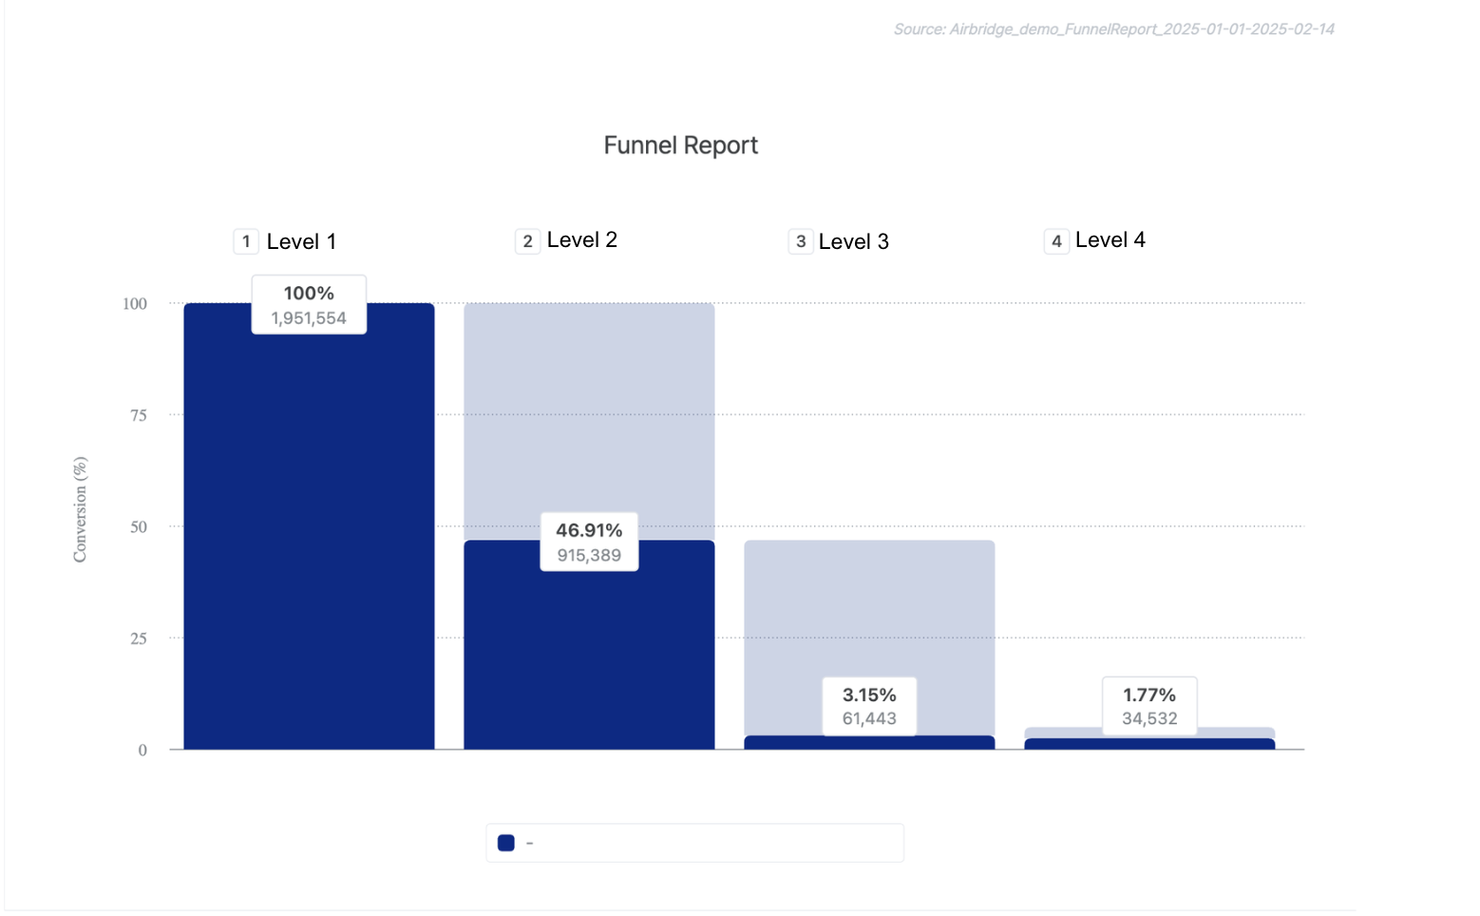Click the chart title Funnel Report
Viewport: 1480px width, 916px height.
pyautogui.click(x=680, y=145)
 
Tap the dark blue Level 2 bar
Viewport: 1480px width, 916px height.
pyautogui.click(x=589, y=656)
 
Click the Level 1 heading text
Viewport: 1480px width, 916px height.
pyautogui.click(x=301, y=241)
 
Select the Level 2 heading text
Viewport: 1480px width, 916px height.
pyautogui.click(x=581, y=240)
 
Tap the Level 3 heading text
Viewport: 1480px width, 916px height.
pyautogui.click(x=853, y=241)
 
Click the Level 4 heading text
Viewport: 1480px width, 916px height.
pyautogui.click(x=1110, y=240)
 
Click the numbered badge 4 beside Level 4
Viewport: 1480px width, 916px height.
pyautogui.click(x=1056, y=241)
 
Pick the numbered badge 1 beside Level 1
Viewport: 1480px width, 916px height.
pyautogui.click(x=246, y=241)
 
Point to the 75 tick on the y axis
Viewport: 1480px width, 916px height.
pyautogui.click(x=139, y=415)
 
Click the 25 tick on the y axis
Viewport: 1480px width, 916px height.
pyautogui.click(x=139, y=639)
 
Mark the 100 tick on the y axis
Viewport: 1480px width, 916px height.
pyautogui.click(x=135, y=304)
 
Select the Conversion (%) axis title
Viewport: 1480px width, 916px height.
pyautogui.click(x=80, y=509)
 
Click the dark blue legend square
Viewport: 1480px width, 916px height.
pyautogui.click(x=506, y=843)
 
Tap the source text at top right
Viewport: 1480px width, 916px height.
pyautogui.click(x=1113, y=29)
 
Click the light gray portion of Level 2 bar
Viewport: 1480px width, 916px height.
pyautogui.click(x=589, y=409)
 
